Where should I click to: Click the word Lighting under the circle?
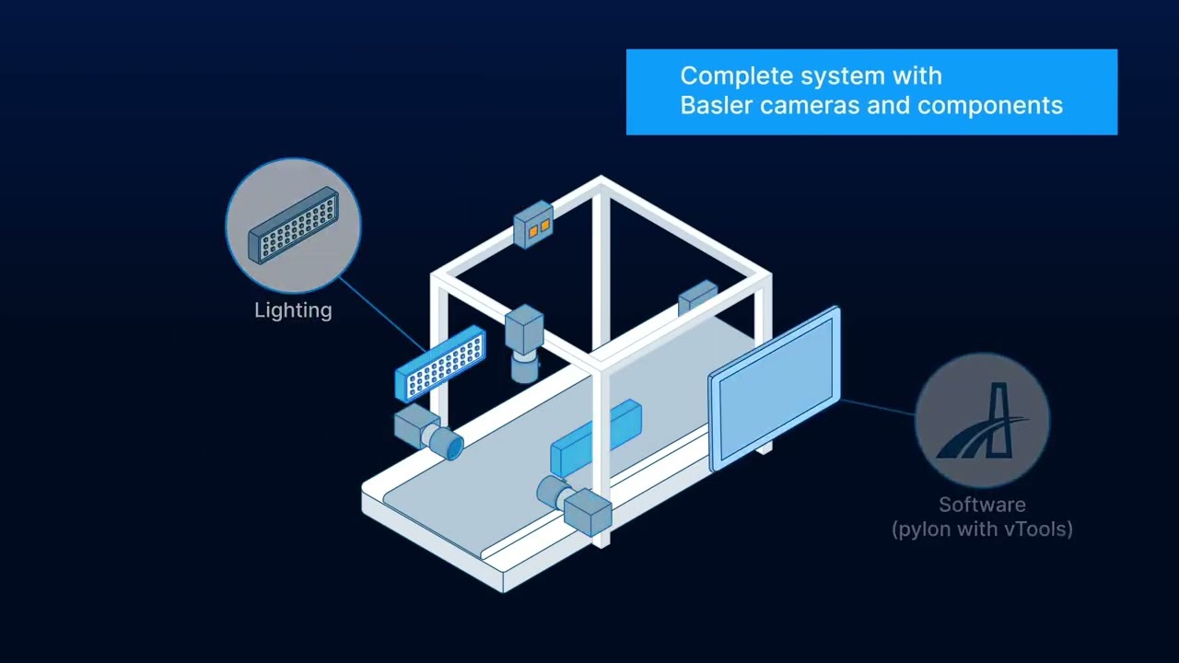293,310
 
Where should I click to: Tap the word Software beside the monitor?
982,505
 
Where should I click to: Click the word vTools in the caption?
1037,529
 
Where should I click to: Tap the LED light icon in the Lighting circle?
294,226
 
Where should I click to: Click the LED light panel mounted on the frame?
440,364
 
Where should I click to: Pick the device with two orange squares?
533,225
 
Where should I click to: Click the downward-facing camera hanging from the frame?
524,342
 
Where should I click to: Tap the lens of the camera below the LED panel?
449,445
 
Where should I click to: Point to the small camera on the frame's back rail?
697,297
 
